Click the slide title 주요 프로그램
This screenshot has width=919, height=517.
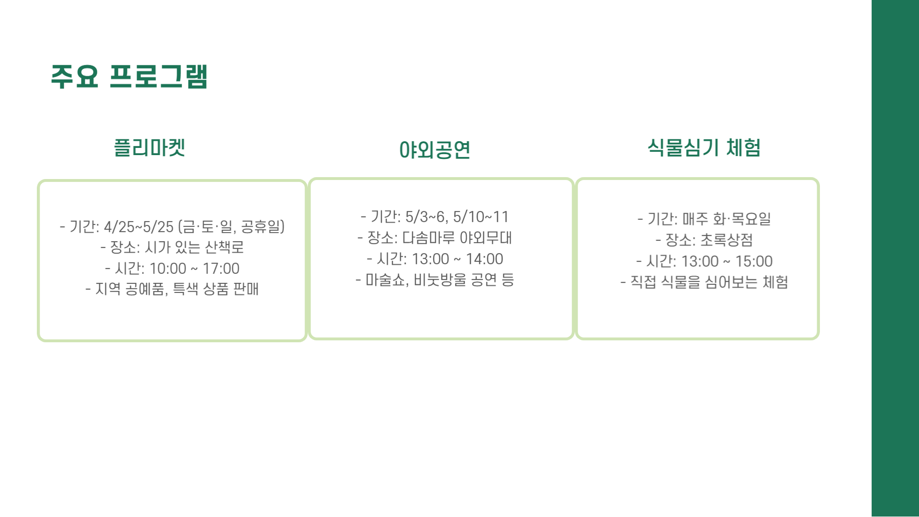point(129,77)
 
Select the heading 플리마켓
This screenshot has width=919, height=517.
point(149,147)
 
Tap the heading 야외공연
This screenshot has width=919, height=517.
point(435,150)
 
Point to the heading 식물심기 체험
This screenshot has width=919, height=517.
point(704,147)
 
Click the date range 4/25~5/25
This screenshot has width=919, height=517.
point(138,226)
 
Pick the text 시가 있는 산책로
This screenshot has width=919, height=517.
point(194,247)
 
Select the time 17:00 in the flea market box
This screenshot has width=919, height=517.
point(221,269)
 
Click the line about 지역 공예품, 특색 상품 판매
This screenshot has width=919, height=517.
point(172,289)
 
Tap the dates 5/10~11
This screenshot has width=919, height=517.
point(481,217)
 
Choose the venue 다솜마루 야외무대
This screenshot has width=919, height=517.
point(457,238)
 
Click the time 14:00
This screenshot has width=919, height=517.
point(484,259)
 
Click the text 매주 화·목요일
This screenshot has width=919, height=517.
point(727,219)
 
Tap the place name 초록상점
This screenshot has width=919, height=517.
point(727,240)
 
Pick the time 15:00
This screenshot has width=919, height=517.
point(754,261)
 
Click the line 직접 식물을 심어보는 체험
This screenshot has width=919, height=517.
point(709,282)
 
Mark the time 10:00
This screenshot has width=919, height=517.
point(168,269)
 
